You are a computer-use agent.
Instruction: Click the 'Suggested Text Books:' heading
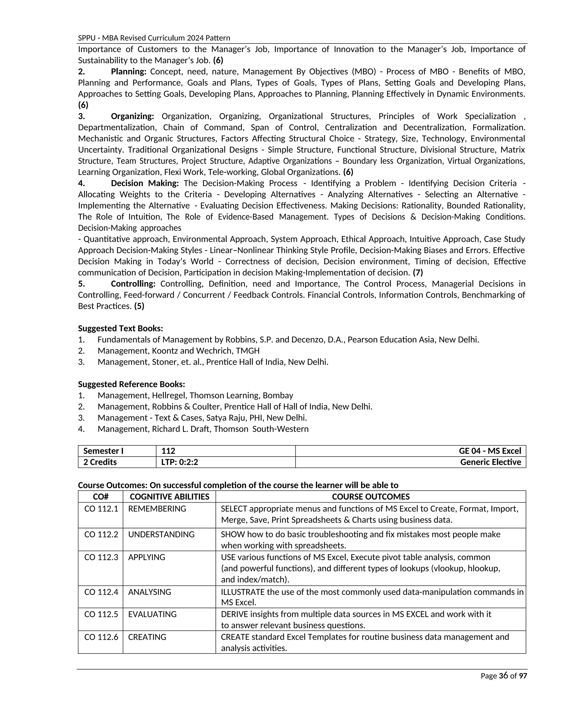coord(120,328)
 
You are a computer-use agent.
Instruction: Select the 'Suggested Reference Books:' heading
coord(131,384)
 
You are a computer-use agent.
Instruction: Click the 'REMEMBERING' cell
coord(157,509)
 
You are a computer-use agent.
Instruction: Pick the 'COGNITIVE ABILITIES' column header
coord(169,497)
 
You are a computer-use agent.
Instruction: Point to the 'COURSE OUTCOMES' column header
coord(371,497)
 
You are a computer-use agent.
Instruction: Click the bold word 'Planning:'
coord(129,71)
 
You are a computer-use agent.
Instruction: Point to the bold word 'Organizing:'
coord(132,116)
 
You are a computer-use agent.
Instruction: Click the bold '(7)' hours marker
coord(418,272)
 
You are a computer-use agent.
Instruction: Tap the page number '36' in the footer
coord(503,676)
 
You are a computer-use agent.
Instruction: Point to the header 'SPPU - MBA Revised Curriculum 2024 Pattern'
coord(154,38)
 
